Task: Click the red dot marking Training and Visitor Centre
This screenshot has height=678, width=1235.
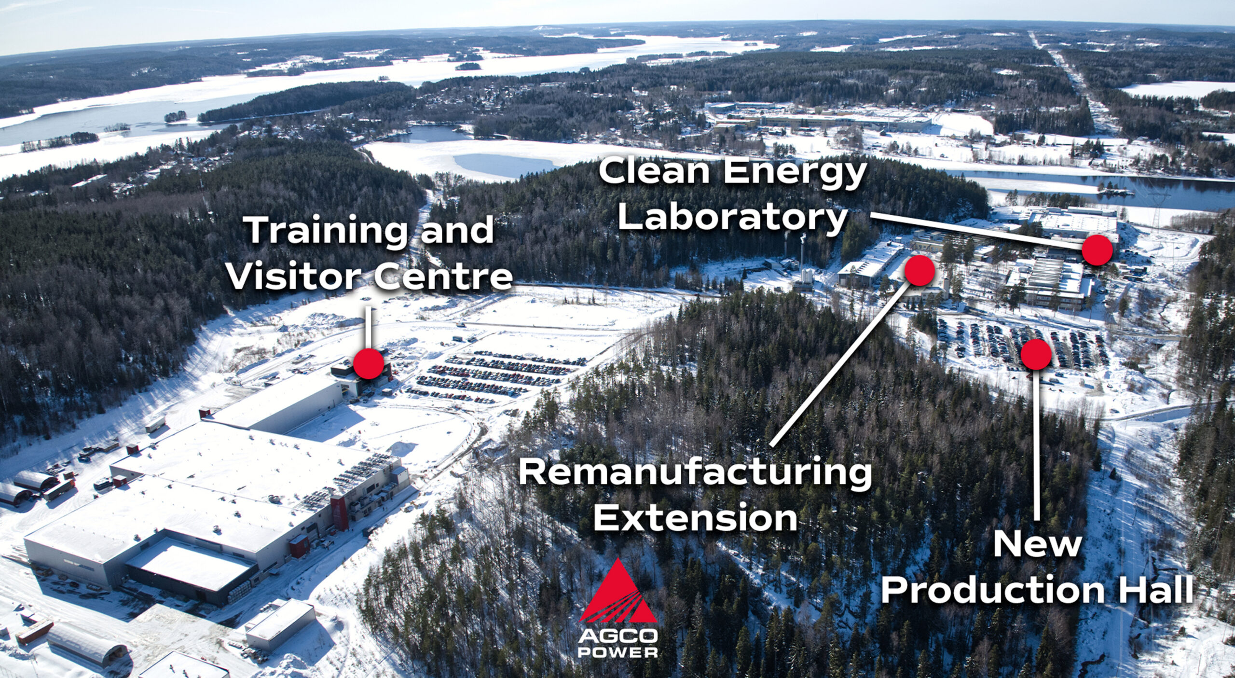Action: [x=369, y=364]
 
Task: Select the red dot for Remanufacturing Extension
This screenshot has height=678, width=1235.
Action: [x=919, y=270]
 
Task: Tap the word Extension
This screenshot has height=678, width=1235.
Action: [x=695, y=518]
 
